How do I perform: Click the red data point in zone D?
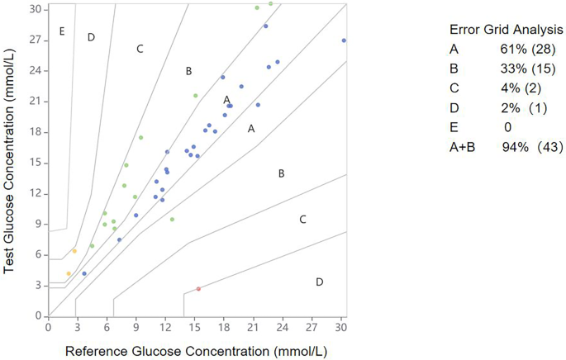(198, 289)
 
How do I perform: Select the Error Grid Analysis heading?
(512, 29)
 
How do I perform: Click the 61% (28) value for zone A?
(521, 53)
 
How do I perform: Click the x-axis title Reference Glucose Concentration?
(196, 351)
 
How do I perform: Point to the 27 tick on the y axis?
(36, 40)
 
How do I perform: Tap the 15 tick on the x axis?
(196, 327)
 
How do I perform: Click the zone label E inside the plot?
(61, 31)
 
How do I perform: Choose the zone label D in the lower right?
(319, 282)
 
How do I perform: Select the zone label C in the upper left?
(140, 50)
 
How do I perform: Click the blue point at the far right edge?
(344, 40)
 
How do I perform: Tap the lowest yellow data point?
(69, 273)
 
